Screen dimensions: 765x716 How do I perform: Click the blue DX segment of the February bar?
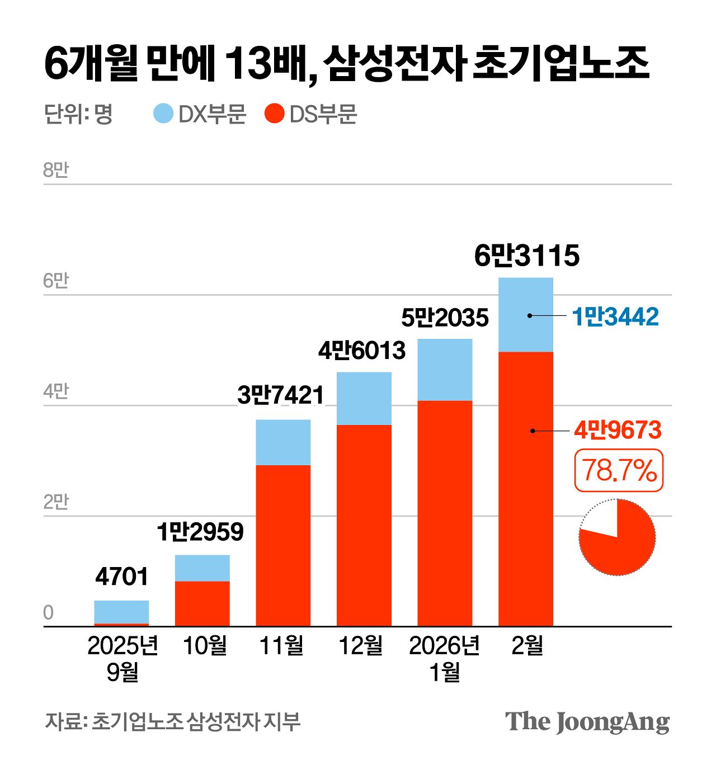pyautogui.click(x=525, y=315)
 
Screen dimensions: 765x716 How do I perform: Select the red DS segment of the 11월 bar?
pyautogui.click(x=283, y=545)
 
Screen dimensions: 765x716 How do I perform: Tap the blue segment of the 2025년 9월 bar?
pyautogui.click(x=121, y=611)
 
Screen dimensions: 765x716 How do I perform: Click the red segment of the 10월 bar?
pyautogui.click(x=202, y=603)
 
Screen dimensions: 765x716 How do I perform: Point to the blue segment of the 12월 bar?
pyautogui.click(x=364, y=398)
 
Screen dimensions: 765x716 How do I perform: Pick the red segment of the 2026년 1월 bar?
pyautogui.click(x=445, y=513)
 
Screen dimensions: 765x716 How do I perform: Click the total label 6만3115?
pyautogui.click(x=526, y=256)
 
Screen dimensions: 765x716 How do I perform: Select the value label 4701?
pyautogui.click(x=121, y=577)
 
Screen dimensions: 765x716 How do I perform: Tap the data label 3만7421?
pyautogui.click(x=281, y=395)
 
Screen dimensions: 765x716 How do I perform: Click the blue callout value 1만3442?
pyautogui.click(x=615, y=317)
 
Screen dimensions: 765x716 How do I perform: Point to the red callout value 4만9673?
pyautogui.click(x=618, y=430)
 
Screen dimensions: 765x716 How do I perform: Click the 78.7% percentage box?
pyautogui.click(x=619, y=470)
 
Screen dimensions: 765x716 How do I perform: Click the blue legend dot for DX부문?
pyautogui.click(x=163, y=114)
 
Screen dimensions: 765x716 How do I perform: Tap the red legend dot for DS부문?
pyautogui.click(x=274, y=114)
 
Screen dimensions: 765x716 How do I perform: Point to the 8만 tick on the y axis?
pyautogui.click(x=55, y=170)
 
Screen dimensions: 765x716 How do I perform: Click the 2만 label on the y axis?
pyautogui.click(x=55, y=502)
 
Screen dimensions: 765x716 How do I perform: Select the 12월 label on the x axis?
pyautogui.click(x=361, y=646)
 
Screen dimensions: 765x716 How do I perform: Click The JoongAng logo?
pyautogui.click(x=587, y=722)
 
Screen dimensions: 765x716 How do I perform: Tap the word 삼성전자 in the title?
pyautogui.click(x=394, y=63)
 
